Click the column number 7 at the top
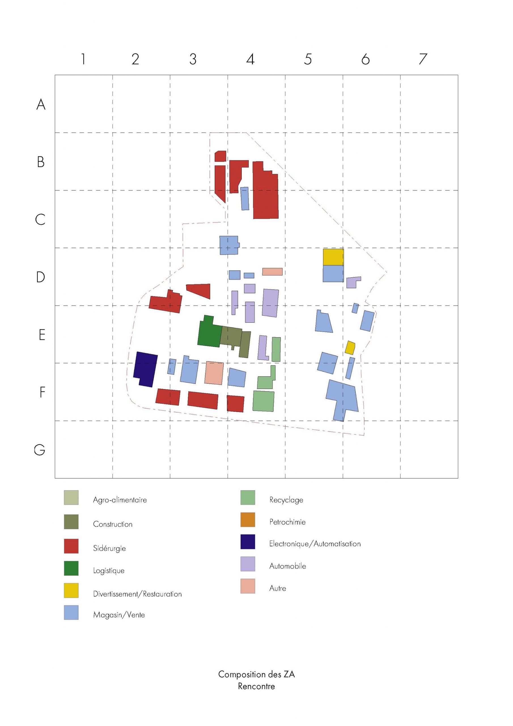423,59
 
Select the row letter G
39,450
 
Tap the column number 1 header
83,59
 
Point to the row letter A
41,104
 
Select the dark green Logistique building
209,334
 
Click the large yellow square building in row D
333,257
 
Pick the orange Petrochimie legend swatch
247,520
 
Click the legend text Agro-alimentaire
120,500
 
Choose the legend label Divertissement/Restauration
137,594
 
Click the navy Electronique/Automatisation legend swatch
247,542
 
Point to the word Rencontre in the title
256,687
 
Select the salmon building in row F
214,373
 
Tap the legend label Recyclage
286,500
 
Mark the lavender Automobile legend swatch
247,564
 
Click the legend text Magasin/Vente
119,615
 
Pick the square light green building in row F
263,401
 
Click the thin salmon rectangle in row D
272,272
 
